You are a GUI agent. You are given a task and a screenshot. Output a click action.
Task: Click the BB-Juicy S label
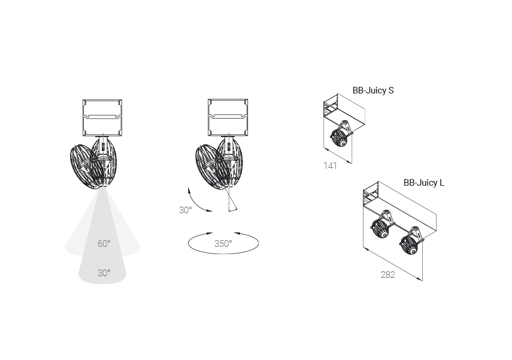(x=373, y=90)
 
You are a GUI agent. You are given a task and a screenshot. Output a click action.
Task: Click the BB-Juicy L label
(x=424, y=183)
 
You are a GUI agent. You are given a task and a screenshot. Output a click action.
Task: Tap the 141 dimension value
(x=330, y=166)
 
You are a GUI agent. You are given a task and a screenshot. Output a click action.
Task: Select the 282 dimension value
(x=388, y=275)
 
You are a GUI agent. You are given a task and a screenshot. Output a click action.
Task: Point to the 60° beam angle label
(x=104, y=244)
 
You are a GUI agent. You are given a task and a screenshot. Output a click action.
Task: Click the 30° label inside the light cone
(x=104, y=273)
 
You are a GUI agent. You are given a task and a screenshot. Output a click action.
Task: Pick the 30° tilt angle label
(x=185, y=210)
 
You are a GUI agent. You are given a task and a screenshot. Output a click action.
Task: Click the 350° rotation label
(x=223, y=244)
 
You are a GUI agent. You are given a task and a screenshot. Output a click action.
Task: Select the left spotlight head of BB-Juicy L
(x=380, y=228)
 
